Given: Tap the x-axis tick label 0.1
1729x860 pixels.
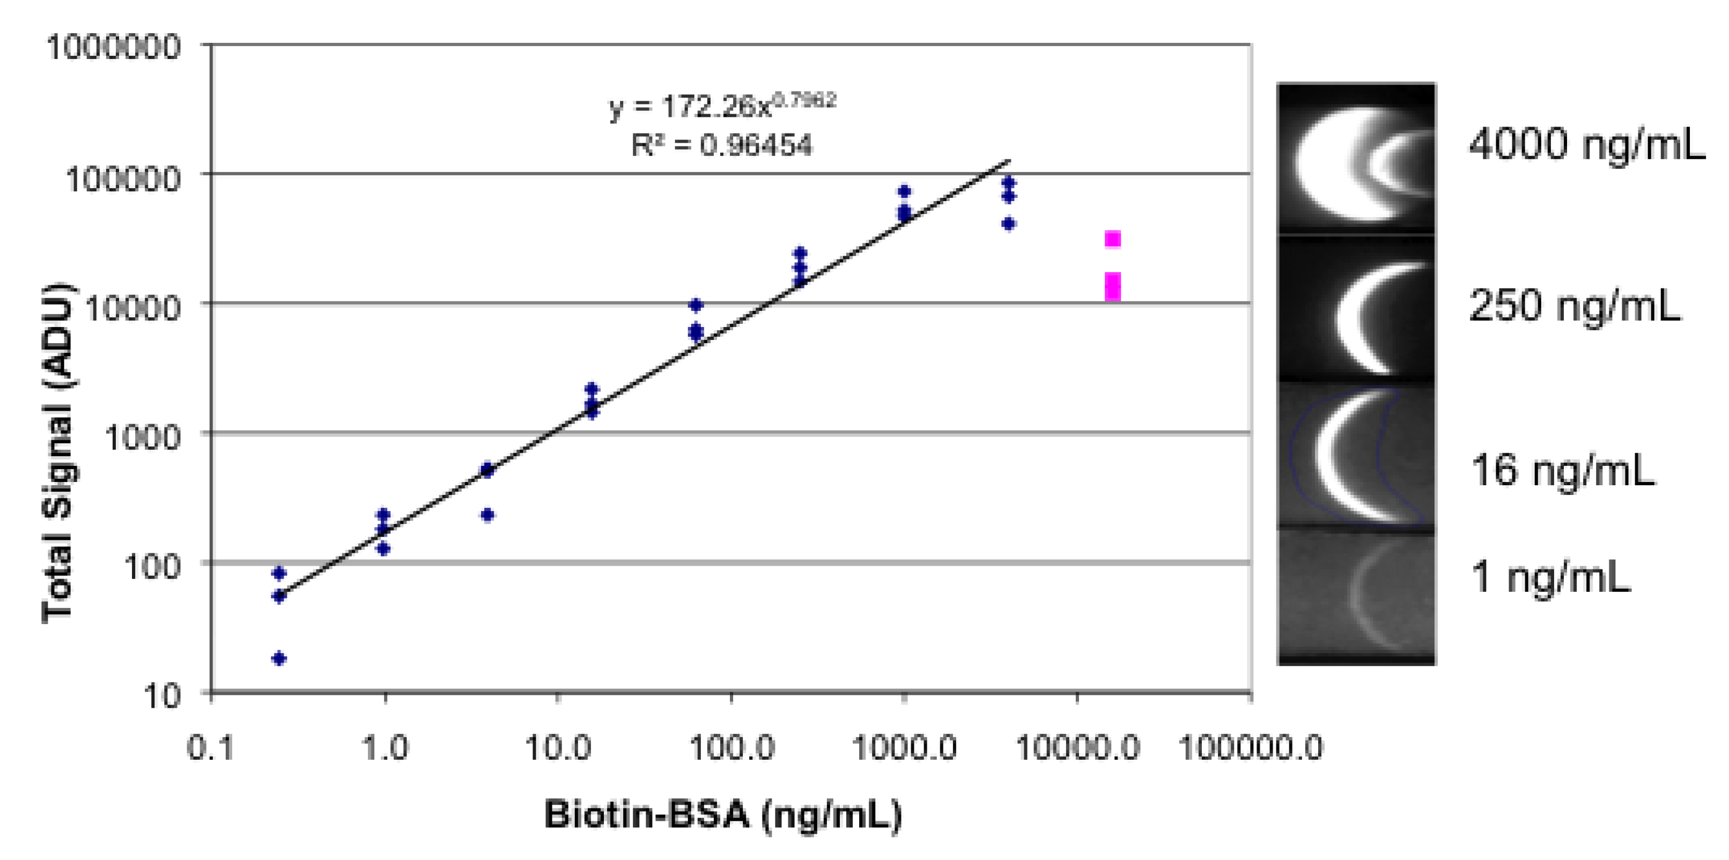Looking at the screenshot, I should click(211, 747).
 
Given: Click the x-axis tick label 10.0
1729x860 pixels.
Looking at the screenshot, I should click(557, 747).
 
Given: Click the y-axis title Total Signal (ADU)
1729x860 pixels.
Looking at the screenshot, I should click(59, 454).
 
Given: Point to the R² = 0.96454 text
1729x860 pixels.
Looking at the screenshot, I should click(721, 145).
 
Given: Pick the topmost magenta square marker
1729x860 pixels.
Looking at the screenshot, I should click(1113, 239).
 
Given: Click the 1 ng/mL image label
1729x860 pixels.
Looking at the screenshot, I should click(1550, 577).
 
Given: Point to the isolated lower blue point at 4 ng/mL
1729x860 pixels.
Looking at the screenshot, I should click(488, 515).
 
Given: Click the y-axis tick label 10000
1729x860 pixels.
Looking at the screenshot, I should click(133, 308).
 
